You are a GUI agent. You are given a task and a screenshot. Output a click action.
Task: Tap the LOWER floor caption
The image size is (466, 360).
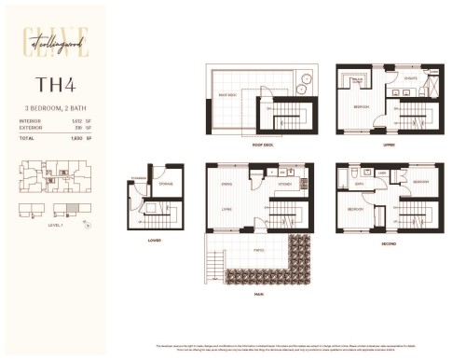154,240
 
